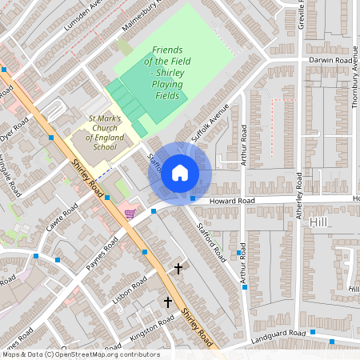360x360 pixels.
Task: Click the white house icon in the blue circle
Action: [x=180, y=173]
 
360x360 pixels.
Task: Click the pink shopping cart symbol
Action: [x=130, y=213]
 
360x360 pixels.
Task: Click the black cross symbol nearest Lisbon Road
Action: [x=178, y=270]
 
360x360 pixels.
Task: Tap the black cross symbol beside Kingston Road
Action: [x=168, y=302]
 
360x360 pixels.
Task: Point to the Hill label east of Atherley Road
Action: [x=321, y=221]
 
